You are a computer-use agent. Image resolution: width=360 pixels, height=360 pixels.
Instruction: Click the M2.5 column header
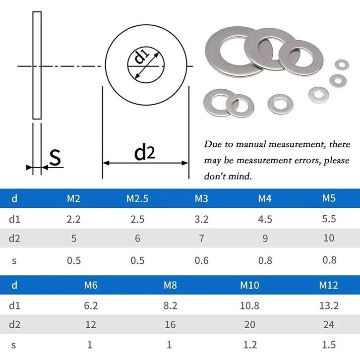(x=137, y=199)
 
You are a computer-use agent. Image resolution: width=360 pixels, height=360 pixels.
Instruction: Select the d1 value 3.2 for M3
(x=201, y=219)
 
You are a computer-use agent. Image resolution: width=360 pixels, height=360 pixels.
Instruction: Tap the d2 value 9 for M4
(x=265, y=239)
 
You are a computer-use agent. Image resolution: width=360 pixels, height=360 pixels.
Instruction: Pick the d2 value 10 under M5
(x=329, y=238)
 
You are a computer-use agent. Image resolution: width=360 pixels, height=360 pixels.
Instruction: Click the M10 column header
(x=249, y=286)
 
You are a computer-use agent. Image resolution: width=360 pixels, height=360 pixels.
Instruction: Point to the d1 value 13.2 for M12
(x=329, y=305)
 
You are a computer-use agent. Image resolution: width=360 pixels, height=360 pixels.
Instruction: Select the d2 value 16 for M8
(x=170, y=325)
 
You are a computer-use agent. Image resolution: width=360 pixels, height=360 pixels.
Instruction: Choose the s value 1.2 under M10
(x=250, y=345)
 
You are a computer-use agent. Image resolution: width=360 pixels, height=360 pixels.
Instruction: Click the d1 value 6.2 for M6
(x=91, y=305)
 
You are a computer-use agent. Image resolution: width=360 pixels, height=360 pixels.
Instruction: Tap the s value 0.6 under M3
(x=202, y=261)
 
